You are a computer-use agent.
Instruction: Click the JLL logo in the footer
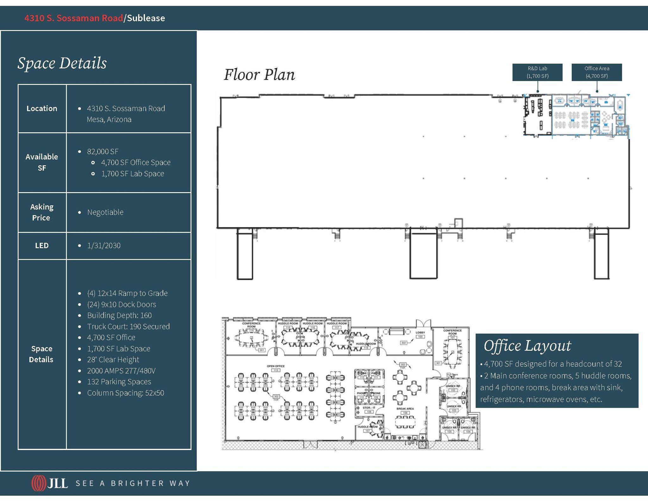point(50,483)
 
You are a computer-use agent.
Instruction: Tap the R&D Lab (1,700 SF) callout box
point(537,72)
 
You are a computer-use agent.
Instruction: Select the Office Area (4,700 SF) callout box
point(596,72)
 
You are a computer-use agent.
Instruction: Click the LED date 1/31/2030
point(104,246)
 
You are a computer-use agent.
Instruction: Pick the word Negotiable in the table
point(105,212)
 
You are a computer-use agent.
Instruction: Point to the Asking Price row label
point(41,212)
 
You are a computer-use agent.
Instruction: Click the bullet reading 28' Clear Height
point(113,360)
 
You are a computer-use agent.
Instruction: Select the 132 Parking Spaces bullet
point(119,382)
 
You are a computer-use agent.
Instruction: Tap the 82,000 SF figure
point(103,152)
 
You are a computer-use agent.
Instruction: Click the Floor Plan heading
point(259,75)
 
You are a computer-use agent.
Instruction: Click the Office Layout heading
point(527,346)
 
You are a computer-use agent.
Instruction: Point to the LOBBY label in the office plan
point(420,333)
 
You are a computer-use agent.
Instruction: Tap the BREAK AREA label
point(405,409)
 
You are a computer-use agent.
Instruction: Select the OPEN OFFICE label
point(276,366)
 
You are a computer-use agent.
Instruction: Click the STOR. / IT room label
point(369,408)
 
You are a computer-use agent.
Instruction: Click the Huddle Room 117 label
point(337,323)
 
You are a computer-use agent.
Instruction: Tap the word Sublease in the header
point(146,18)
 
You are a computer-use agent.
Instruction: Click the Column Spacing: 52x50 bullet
point(125,393)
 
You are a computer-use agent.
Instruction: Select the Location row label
point(42,109)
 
